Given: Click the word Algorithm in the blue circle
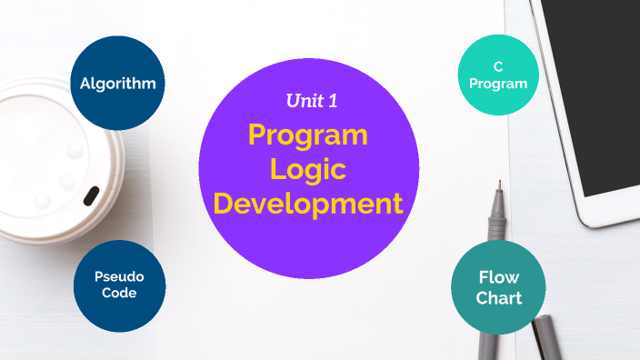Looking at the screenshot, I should click(117, 84).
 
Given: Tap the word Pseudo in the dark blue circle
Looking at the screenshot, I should click(118, 276).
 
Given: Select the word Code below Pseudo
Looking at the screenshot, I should click(118, 293).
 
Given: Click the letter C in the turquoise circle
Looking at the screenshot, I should click(498, 67).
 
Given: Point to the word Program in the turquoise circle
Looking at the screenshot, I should click(498, 84).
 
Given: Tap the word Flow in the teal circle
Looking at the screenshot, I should click(498, 278).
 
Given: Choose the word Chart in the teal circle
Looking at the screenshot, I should click(498, 297).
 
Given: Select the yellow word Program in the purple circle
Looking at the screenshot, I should click(308, 135).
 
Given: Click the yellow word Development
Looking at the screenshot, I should click(308, 203).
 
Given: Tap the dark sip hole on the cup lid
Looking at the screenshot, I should click(91, 195).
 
